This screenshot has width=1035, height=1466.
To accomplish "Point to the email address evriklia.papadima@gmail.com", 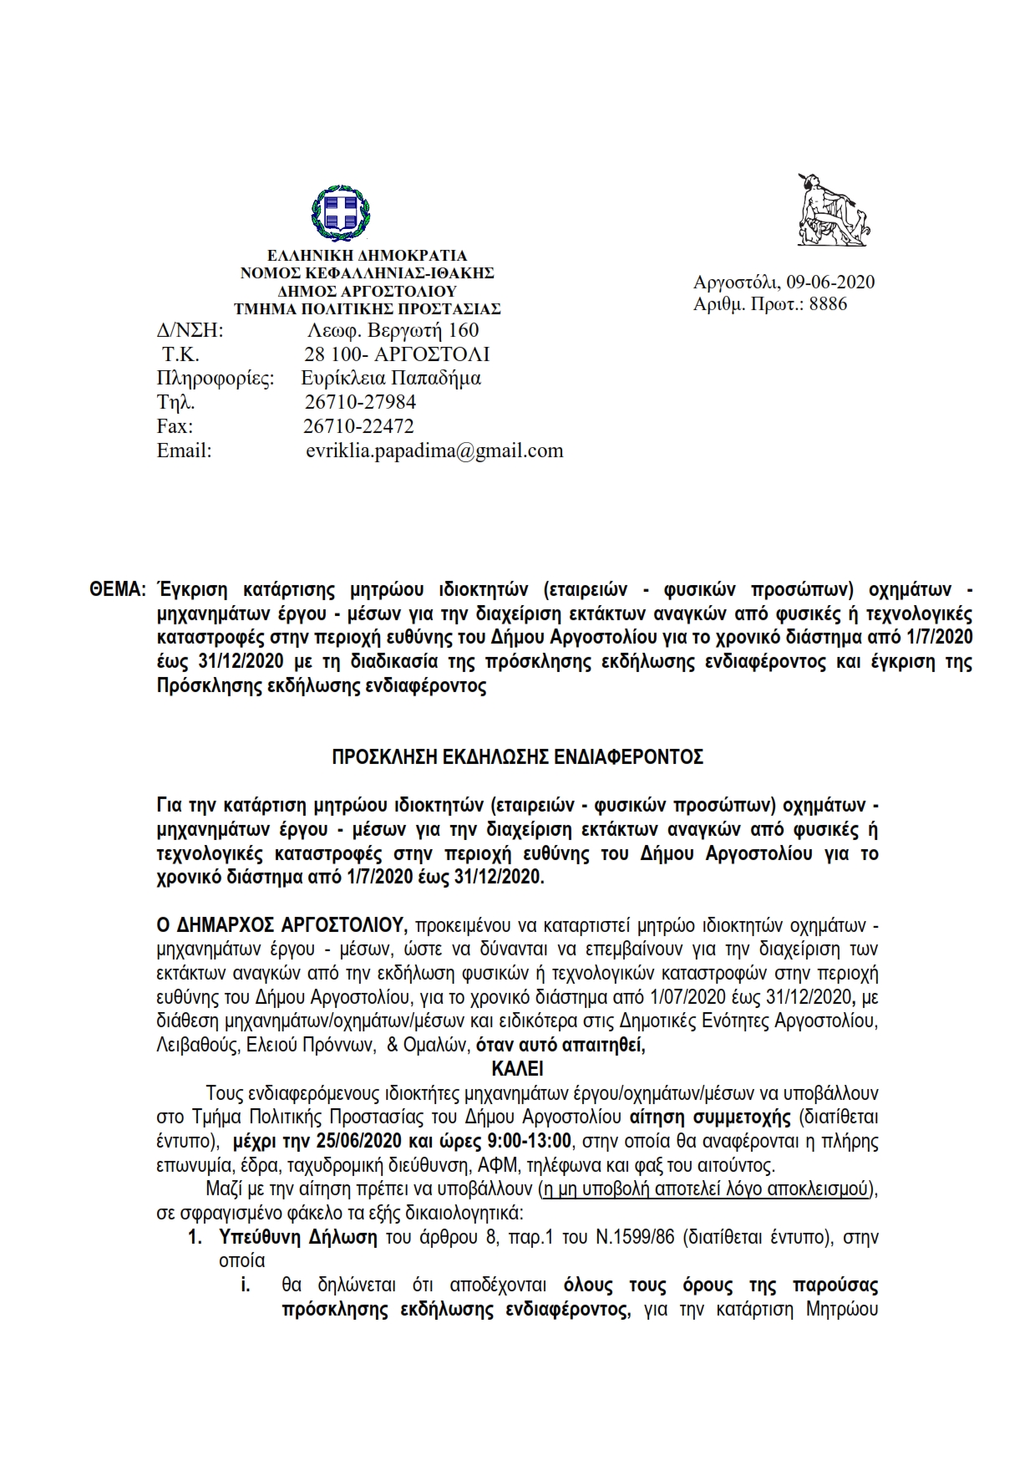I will coord(434,450).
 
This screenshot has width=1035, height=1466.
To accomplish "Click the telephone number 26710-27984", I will coord(360,402).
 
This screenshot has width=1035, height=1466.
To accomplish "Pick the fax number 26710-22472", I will coord(359,426).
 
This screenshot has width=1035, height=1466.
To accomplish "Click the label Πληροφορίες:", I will coord(216,378).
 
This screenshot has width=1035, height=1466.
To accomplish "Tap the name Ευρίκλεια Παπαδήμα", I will coord(391,378).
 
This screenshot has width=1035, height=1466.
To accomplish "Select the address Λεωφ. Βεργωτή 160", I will coord(393,330).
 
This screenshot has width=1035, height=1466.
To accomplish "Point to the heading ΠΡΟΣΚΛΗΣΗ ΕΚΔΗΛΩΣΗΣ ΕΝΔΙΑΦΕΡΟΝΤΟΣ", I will coord(517,757).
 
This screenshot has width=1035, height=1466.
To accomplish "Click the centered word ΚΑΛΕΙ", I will coord(517,1068).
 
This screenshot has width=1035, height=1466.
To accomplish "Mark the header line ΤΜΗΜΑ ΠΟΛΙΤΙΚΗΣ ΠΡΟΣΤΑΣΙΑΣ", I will coord(368,309).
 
